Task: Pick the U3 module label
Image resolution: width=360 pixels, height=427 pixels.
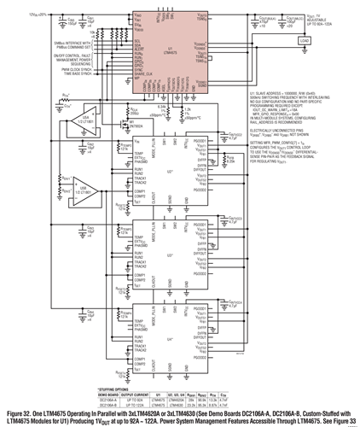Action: pyautogui.click(x=170, y=253)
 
